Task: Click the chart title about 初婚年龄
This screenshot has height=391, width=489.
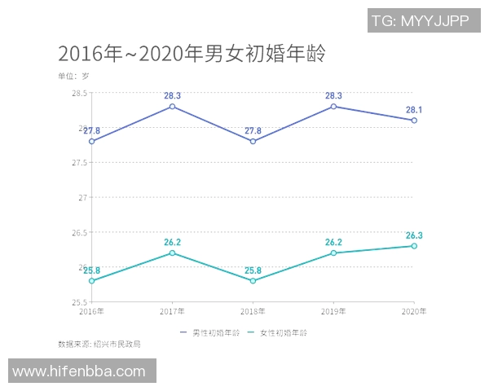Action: (192, 54)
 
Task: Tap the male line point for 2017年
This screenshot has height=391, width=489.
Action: (173, 107)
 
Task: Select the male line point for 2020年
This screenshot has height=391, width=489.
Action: (414, 121)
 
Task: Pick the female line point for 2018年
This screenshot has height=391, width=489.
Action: (253, 281)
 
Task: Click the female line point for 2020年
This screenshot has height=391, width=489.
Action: (414, 246)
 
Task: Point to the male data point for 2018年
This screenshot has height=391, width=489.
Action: (253, 142)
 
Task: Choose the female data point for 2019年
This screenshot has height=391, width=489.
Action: (333, 253)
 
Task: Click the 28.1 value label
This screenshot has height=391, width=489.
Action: (414, 109)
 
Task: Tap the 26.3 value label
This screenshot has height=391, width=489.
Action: (414, 235)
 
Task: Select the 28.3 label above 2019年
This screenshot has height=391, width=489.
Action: (333, 95)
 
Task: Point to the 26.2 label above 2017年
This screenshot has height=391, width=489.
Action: (173, 242)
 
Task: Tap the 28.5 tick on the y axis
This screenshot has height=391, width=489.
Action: (80, 93)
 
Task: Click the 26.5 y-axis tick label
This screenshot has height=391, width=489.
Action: (80, 233)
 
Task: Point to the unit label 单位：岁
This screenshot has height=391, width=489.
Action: (73, 76)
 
